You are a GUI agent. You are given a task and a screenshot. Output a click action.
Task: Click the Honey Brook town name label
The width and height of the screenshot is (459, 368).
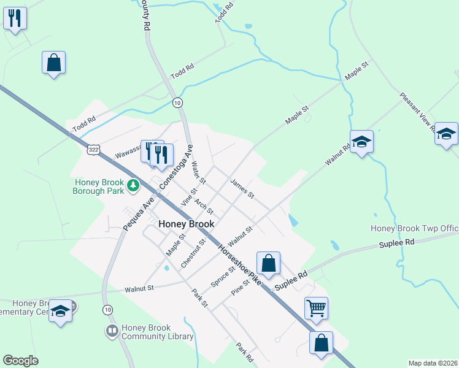tap(187, 224)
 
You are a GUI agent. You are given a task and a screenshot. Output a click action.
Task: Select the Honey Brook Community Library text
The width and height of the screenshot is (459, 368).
tap(157, 332)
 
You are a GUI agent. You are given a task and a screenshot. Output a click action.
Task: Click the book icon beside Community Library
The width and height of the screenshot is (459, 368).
tap(112, 332)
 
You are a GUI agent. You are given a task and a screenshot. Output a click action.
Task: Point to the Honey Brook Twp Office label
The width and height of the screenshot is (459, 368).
tap(414, 229)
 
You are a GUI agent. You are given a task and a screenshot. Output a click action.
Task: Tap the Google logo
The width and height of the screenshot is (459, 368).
tap(20, 361)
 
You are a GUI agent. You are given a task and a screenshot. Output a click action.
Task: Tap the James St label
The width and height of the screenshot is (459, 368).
tap(242, 188)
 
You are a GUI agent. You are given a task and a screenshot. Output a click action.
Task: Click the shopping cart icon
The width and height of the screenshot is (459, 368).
tap(316, 307)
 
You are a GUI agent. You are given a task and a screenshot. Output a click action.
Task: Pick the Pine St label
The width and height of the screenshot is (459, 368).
tap(241, 288)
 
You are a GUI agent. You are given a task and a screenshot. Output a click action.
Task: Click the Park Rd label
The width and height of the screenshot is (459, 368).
tap(244, 351)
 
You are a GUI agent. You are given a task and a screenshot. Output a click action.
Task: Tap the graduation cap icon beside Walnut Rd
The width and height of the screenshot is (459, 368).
tap(361, 142)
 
